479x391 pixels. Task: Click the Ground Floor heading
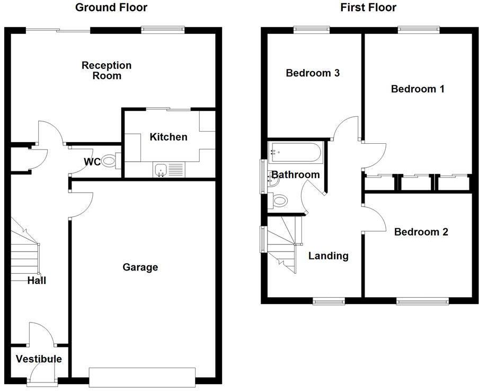(111, 7)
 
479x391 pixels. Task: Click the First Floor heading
(369, 7)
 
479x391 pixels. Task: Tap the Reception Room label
(107, 71)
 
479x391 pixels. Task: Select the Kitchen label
(168, 137)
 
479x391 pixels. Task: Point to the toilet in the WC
(109, 161)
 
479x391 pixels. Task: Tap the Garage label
(140, 267)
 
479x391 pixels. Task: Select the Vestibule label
(38, 359)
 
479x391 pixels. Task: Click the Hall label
(37, 280)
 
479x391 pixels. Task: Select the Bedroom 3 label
(312, 73)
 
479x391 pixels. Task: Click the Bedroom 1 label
(418, 89)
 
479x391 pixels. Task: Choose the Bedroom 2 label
(421, 232)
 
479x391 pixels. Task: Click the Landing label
(329, 256)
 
